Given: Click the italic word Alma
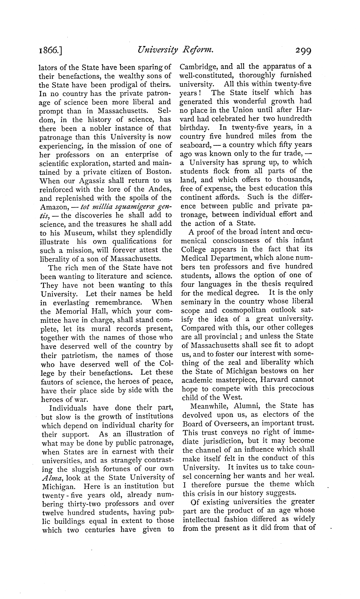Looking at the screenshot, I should click(50, 477).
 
